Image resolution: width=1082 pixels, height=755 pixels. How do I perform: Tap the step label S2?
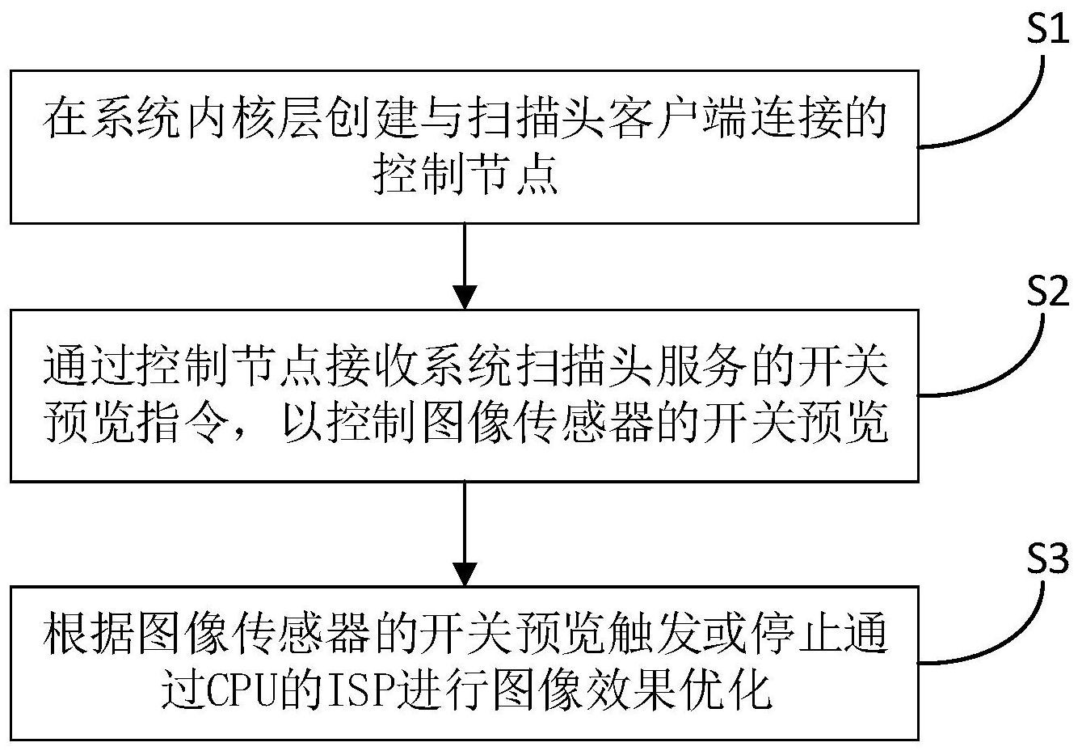1046,292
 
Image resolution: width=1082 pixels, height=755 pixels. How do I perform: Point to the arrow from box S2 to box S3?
464,534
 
